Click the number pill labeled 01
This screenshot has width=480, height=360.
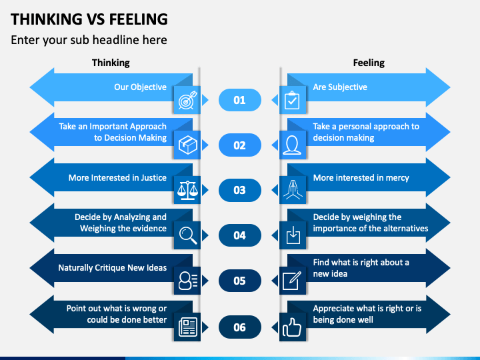click(240, 100)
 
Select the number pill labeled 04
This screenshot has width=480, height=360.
click(240, 235)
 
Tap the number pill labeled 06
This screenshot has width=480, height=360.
click(240, 327)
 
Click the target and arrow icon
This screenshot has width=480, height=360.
click(187, 100)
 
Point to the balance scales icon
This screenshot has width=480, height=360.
click(187, 190)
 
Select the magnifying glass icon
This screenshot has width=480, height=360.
click(188, 235)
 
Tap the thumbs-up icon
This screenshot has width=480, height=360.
click(292, 327)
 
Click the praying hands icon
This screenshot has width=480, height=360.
click(293, 190)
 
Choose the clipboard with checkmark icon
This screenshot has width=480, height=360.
click(292, 100)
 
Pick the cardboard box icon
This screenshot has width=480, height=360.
click(187, 145)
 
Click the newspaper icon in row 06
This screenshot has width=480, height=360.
click(187, 327)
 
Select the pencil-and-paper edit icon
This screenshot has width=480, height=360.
click(292, 281)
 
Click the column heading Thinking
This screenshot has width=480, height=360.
click(111, 63)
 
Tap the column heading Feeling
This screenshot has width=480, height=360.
click(369, 63)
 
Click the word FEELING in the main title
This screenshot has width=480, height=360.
click(139, 19)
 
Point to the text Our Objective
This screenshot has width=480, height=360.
click(140, 87)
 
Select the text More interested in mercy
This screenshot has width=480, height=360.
click(361, 178)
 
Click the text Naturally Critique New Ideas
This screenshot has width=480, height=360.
click(113, 268)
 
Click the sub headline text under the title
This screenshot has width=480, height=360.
click(89, 40)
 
